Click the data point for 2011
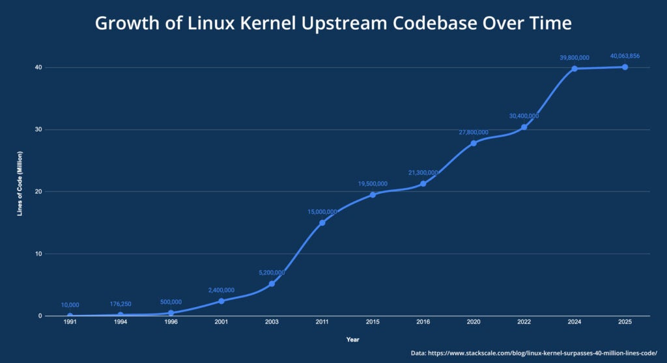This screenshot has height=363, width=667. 322,222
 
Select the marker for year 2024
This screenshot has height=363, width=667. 575,68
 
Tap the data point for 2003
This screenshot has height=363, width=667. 272,284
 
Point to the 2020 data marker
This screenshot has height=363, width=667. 474,142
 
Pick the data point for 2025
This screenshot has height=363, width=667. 625,67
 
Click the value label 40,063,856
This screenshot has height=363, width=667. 625,57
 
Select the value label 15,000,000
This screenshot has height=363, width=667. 322,211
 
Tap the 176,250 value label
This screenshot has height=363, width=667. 120,304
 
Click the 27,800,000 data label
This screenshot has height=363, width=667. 474,132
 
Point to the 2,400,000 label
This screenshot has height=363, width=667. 221,290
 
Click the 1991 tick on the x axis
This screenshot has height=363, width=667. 70,322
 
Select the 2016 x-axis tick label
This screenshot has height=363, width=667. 423,322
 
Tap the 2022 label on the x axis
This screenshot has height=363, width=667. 524,322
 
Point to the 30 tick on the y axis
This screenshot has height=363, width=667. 38,129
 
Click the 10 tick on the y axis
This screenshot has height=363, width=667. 38,254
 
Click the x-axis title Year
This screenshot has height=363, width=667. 352,339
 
